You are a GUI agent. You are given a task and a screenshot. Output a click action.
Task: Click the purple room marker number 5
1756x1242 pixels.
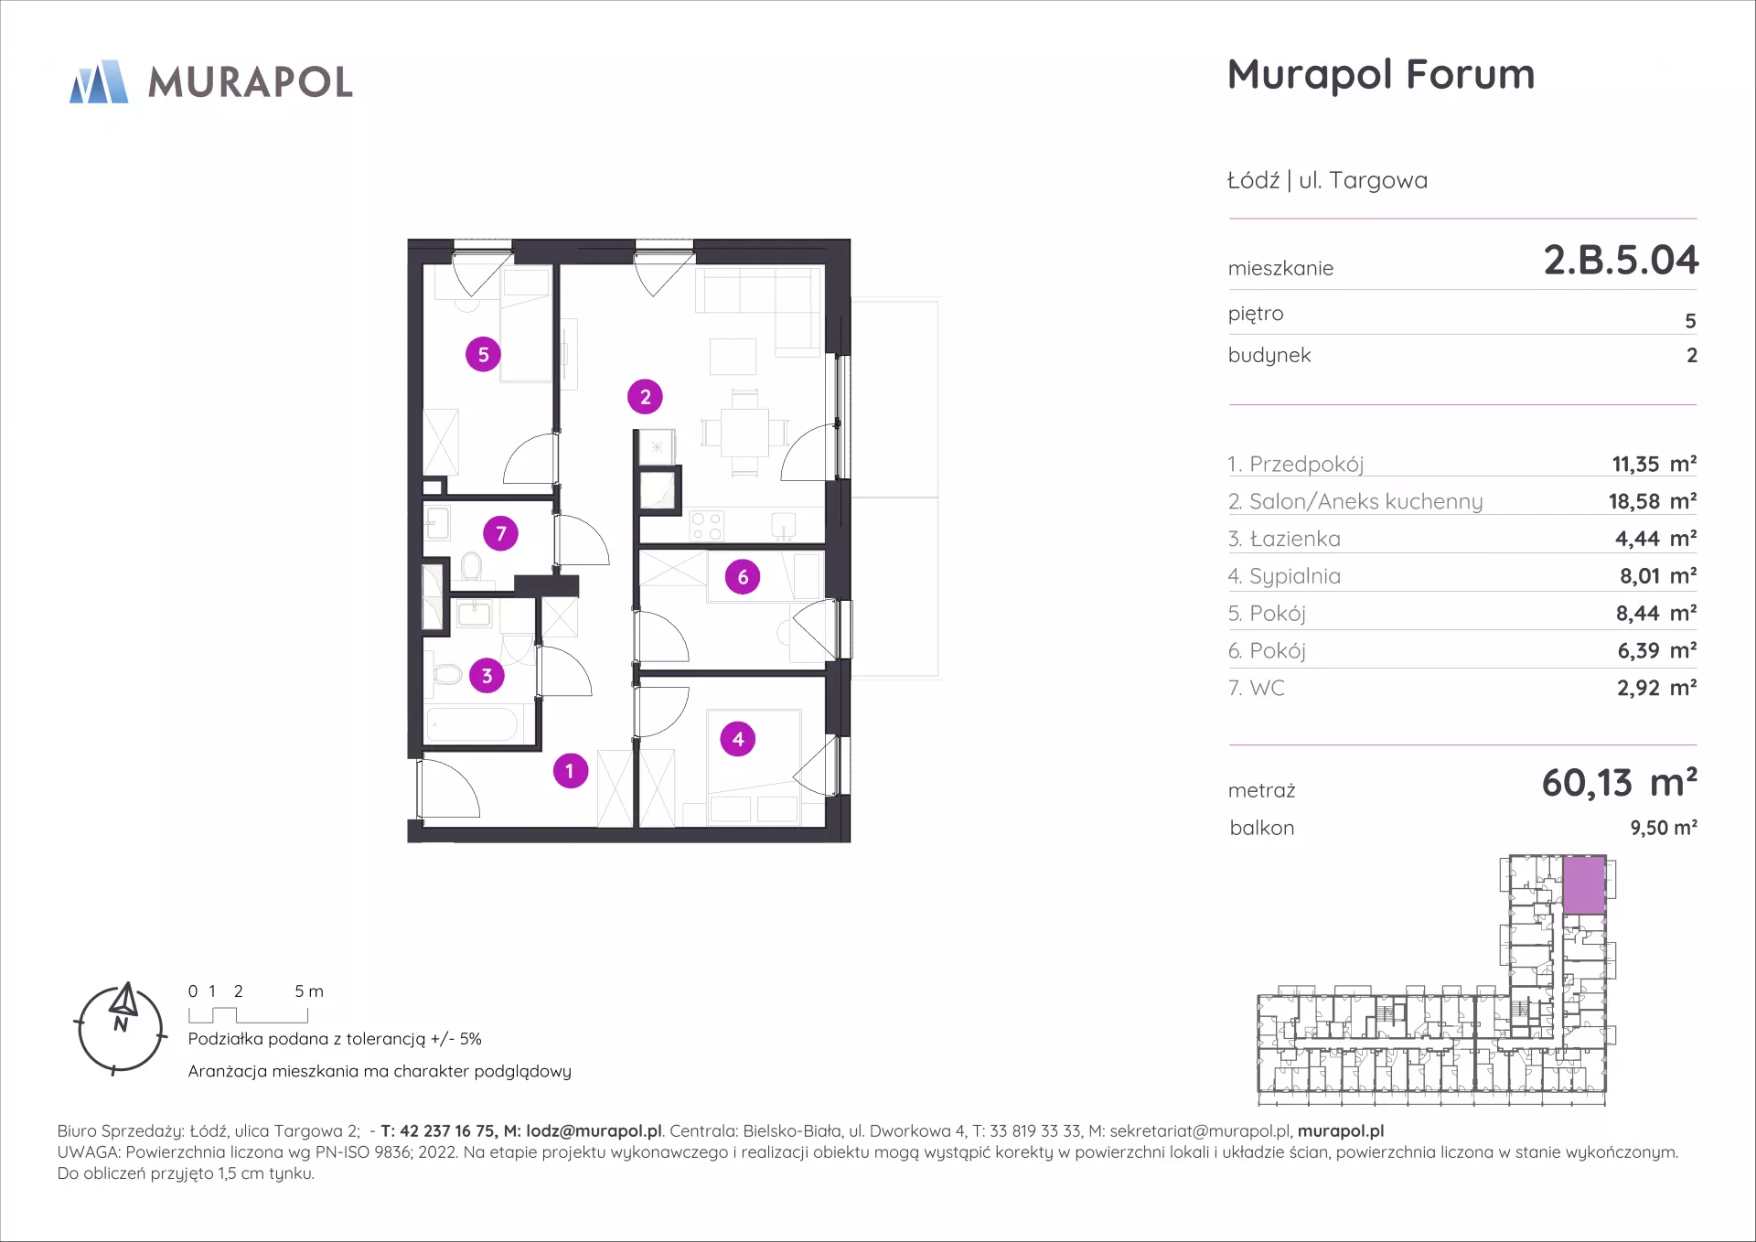[483, 354]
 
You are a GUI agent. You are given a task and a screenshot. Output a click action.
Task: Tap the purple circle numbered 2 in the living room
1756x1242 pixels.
[645, 397]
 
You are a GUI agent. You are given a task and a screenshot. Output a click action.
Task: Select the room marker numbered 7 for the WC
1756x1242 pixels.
[500, 533]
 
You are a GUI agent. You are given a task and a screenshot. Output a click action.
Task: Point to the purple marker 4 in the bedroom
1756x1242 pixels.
[738, 739]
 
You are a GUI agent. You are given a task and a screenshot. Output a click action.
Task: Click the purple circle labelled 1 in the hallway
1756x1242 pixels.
[570, 771]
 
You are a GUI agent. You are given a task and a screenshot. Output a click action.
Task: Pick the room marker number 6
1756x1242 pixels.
[743, 577]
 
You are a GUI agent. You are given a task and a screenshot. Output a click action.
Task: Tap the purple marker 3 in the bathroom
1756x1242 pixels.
[487, 676]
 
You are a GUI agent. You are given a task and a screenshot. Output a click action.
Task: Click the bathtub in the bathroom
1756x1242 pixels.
[473, 725]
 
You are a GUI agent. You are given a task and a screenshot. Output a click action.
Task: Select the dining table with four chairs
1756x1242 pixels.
[744, 433]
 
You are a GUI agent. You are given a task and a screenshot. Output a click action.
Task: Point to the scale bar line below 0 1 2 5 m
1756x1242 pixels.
[248, 1016]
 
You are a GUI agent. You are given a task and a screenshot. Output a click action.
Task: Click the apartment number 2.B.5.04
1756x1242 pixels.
[1621, 260]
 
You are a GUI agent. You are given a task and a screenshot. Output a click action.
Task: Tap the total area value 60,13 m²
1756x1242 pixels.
[1619, 783]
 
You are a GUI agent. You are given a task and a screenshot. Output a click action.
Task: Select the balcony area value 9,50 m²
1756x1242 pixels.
[1664, 828]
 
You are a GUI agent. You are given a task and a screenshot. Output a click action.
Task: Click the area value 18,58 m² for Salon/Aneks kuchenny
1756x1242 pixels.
[1653, 501]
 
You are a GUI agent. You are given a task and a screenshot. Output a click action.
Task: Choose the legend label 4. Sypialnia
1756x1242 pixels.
[1284, 576]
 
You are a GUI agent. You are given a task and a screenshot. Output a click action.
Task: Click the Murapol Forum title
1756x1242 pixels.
[1381, 75]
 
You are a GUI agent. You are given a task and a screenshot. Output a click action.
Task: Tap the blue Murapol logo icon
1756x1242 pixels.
[99, 81]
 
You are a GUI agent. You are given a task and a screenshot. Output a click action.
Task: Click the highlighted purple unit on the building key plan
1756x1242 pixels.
[1584, 884]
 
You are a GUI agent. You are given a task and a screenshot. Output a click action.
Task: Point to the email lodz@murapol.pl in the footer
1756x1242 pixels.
[594, 1131]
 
